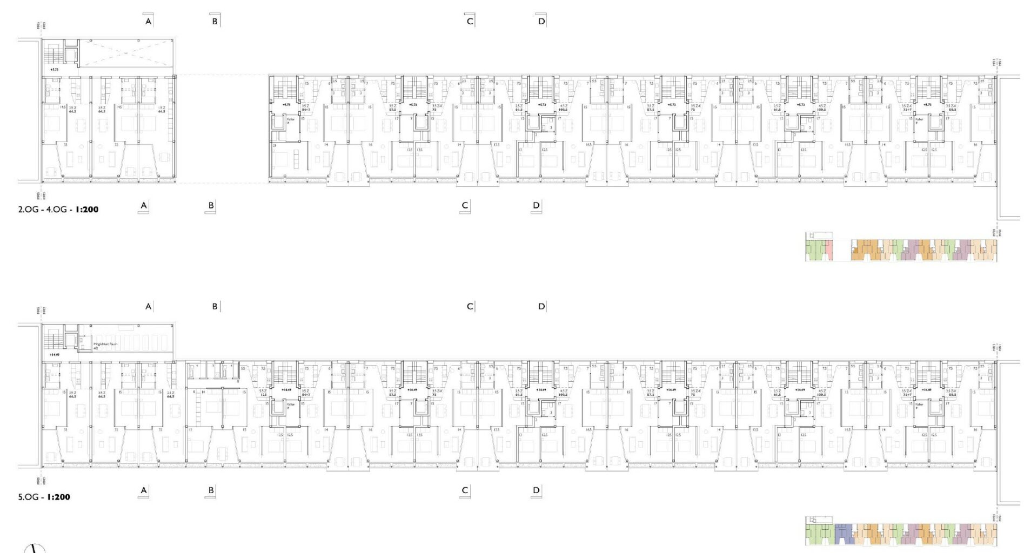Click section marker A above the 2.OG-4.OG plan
click(x=149, y=21)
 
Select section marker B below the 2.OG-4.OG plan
click(x=211, y=205)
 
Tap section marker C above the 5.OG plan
click(x=470, y=306)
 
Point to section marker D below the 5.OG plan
click(x=536, y=490)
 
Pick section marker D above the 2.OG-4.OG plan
click(x=541, y=21)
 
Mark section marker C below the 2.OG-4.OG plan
click(x=465, y=205)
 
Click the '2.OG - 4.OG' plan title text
click(x=42, y=209)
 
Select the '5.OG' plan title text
click(x=29, y=497)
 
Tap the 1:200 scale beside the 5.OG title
click(x=58, y=497)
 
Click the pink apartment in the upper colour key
click(x=829, y=249)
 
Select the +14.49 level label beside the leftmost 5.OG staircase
click(x=53, y=355)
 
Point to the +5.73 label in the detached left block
click(x=53, y=70)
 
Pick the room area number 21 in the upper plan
click(x=275, y=146)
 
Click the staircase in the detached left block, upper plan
click(x=53, y=55)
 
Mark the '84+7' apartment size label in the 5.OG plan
click(x=306, y=395)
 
